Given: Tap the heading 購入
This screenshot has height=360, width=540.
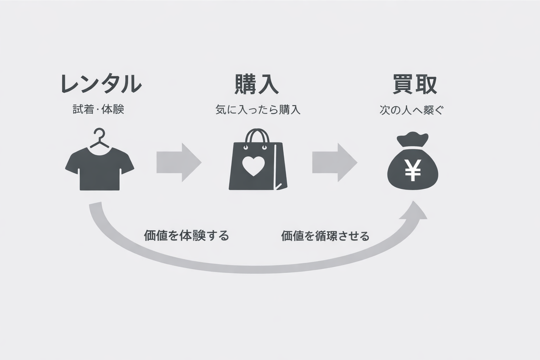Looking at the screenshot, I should [257, 84].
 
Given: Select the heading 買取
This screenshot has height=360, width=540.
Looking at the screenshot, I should [415, 84].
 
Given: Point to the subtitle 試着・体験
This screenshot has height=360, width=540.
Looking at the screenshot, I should [98, 110].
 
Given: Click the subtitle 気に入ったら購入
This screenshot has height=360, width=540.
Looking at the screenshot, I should [258, 110].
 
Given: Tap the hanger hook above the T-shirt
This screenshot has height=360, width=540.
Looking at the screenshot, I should [99, 135].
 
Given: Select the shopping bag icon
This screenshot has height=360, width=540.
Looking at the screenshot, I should [258, 165].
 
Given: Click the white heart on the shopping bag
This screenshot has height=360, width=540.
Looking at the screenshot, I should [253, 166].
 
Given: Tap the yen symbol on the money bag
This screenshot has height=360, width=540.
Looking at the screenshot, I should [413, 170].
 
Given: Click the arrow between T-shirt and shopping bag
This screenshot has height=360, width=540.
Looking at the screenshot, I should [179, 162].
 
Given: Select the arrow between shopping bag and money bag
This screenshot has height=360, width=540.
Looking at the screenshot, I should [334, 162].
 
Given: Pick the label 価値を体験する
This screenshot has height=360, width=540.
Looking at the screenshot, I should [186, 235].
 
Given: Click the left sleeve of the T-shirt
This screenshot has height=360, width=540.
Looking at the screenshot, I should [72, 164].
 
